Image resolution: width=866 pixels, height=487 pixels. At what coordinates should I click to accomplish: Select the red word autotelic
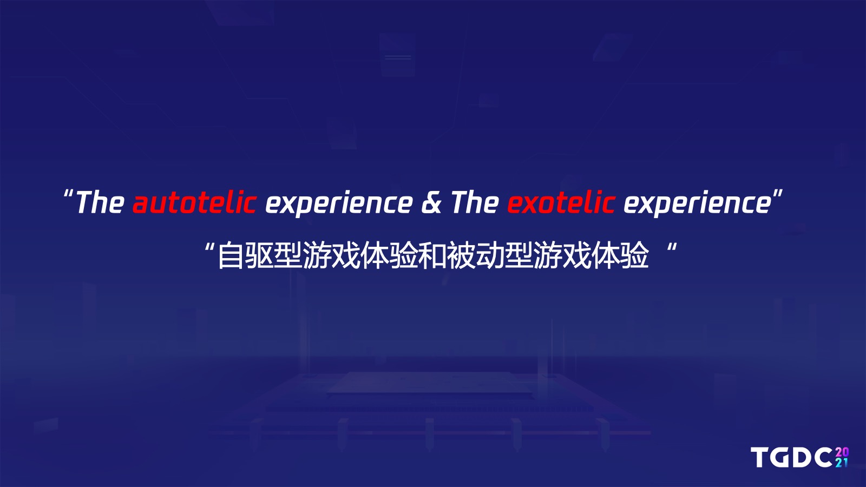pos(194,202)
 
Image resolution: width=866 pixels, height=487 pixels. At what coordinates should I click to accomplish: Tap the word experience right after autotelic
pos(339,203)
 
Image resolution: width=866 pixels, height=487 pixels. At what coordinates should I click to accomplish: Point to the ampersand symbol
pos(431,202)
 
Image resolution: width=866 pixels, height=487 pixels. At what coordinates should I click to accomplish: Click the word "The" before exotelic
pos(475,202)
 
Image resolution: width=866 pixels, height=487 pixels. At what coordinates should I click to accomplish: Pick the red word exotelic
pos(561,202)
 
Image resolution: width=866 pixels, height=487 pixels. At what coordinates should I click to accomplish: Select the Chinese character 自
pos(231,255)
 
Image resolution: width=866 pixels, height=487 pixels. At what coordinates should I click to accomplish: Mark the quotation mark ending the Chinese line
pos(672,247)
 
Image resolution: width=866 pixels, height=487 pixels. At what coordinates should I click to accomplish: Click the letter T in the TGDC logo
pos(760,458)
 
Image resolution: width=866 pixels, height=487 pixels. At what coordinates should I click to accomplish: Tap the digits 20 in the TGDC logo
pos(842,452)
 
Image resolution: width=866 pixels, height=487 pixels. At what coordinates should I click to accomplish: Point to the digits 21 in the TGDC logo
pos(842,463)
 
